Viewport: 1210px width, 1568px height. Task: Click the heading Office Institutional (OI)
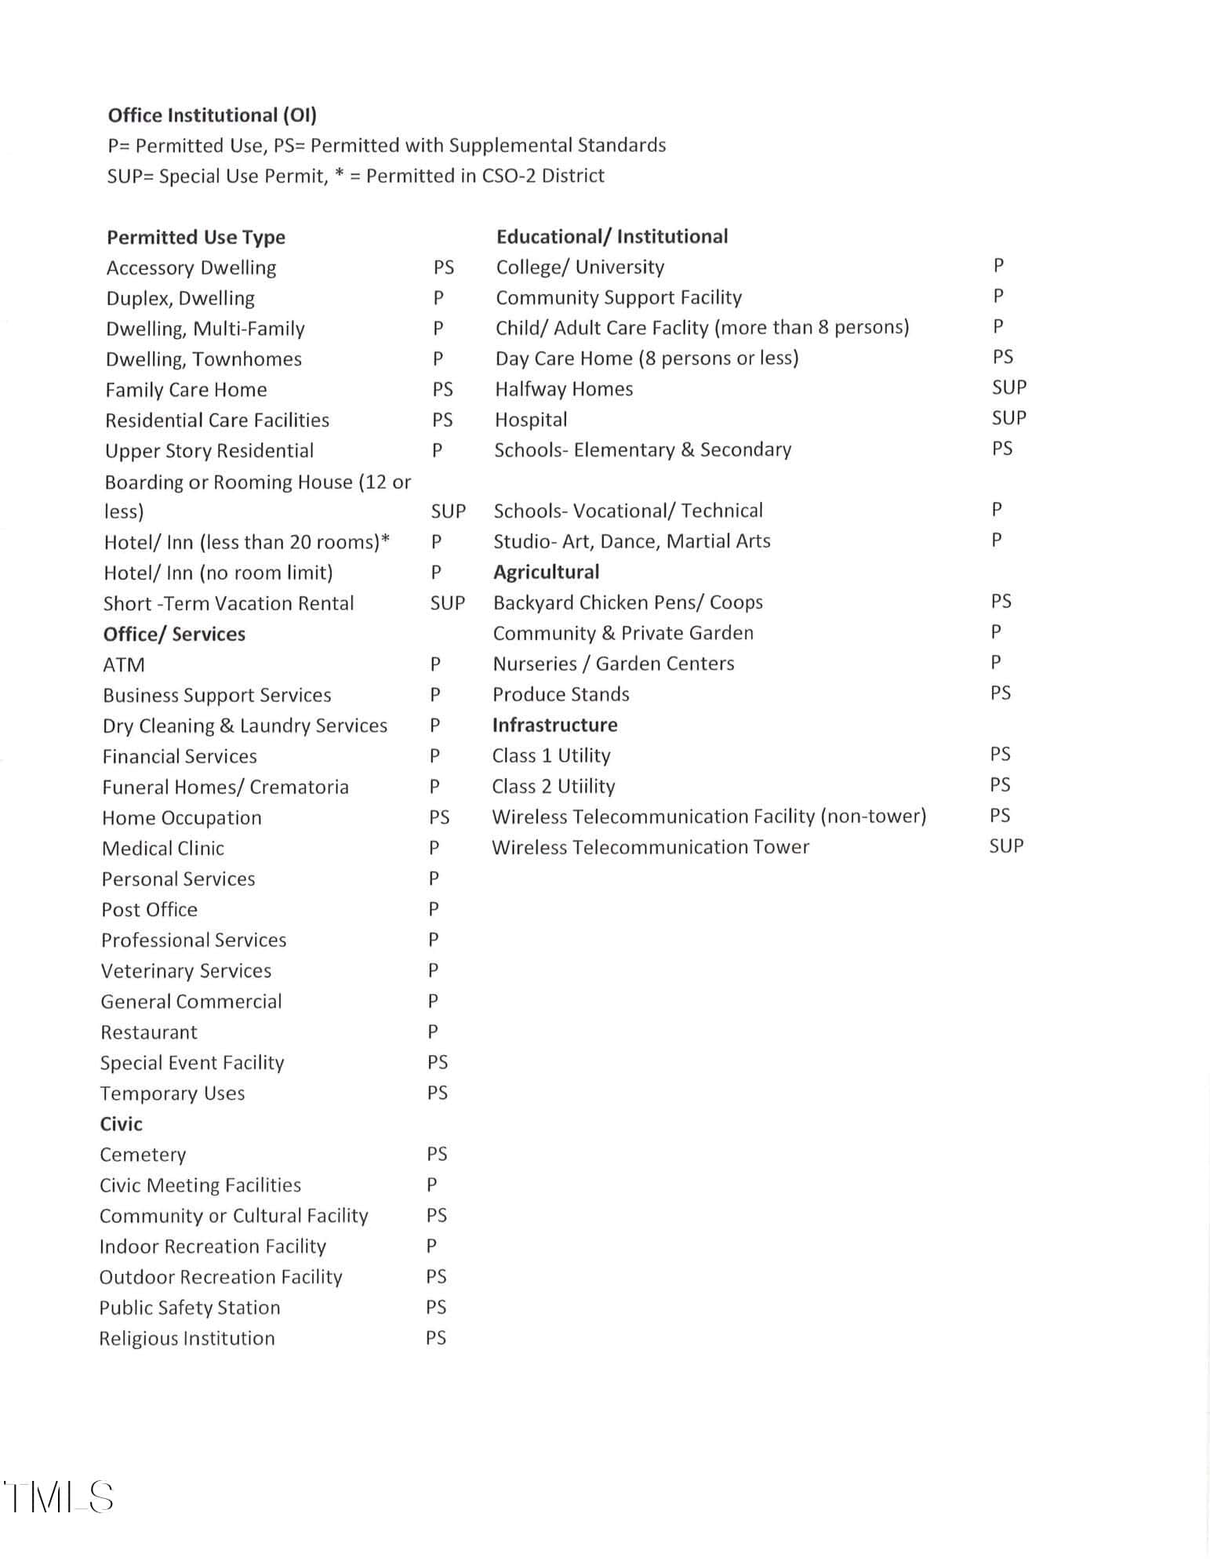212,115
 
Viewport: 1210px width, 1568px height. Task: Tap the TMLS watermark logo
59,1497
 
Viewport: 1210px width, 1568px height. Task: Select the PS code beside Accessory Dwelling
444,267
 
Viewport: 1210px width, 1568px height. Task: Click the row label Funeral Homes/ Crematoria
225,787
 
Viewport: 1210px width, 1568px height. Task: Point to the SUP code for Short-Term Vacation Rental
448,603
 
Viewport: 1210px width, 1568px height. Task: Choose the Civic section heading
121,1124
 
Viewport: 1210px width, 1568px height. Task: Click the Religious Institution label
187,1338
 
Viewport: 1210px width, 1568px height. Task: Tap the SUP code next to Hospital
1008,418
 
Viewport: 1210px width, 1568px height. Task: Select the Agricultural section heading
546,572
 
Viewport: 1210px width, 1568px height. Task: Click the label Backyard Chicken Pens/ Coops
627,602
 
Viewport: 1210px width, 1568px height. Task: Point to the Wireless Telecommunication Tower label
650,847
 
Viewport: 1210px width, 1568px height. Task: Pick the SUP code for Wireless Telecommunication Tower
1006,846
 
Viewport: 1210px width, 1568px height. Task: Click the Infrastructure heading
554,725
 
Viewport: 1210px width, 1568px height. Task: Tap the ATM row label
124,665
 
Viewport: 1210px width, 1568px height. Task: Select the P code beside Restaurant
433,1032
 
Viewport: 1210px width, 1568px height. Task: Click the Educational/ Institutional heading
612,236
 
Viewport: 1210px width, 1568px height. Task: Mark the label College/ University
580,267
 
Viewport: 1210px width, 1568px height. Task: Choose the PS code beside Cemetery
437,1154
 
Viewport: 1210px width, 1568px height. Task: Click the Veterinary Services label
186,971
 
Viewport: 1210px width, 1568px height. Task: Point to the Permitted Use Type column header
196,237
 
